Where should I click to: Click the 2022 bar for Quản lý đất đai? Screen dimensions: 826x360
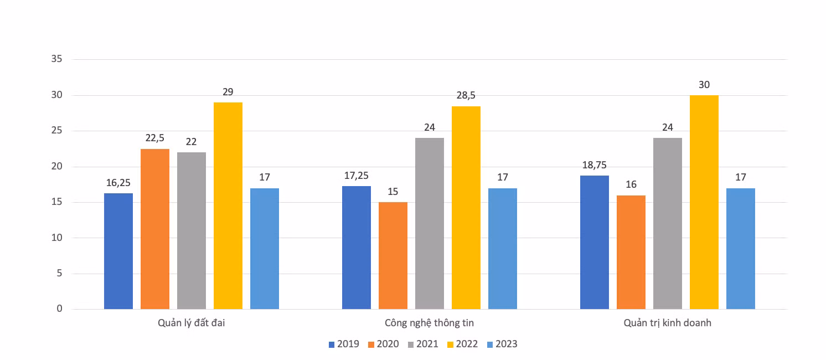[228, 205]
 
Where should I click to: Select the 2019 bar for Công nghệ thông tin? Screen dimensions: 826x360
[356, 248]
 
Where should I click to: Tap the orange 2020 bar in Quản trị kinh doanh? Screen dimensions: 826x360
[631, 253]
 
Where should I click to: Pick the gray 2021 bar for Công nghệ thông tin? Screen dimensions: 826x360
[430, 224]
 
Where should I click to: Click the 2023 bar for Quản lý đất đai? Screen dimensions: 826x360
[265, 249]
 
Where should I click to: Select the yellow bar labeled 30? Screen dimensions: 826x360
[704, 202]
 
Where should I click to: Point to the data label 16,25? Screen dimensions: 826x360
[118, 183]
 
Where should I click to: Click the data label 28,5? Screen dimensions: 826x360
[466, 95]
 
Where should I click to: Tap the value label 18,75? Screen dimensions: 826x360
[594, 165]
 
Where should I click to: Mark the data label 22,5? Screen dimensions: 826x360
[155, 138]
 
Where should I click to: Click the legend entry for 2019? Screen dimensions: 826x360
[344, 344]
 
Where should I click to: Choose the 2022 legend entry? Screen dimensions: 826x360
[462, 344]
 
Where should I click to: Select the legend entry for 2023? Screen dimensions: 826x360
[502, 344]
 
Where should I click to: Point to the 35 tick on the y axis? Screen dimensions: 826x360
[57, 59]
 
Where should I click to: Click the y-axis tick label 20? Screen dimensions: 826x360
[57, 166]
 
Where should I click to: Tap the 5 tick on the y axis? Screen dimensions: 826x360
[59, 273]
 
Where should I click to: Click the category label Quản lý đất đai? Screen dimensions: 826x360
[192, 323]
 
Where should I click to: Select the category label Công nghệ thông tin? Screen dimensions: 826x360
[429, 323]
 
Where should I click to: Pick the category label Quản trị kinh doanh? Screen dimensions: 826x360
[668, 323]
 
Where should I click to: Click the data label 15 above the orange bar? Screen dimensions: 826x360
[393, 192]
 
